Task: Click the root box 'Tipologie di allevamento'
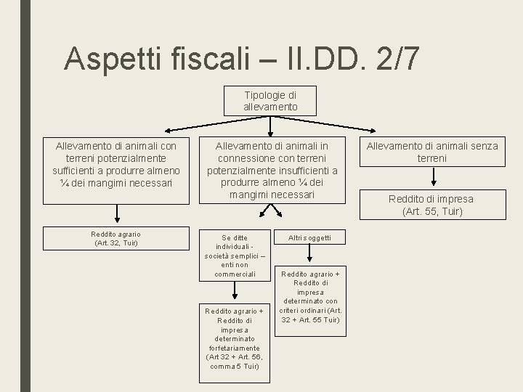tap(270, 101)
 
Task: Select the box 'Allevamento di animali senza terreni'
tap(432, 152)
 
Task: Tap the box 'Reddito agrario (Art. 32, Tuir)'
tap(116, 238)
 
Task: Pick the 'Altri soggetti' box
tap(309, 237)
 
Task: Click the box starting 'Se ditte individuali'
tap(235, 256)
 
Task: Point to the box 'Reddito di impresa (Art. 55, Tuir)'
tap(432, 205)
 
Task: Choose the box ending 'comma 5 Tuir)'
tap(234, 338)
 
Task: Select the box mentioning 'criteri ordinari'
tap(310, 296)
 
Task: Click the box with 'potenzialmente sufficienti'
tap(116, 164)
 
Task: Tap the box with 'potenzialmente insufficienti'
tap(270, 171)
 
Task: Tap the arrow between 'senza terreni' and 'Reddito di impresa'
tap(432, 177)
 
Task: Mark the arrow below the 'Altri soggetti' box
tap(310, 255)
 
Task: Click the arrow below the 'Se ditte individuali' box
tap(234, 291)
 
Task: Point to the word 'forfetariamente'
tap(234, 347)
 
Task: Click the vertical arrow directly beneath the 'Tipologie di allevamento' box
tap(270, 126)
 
